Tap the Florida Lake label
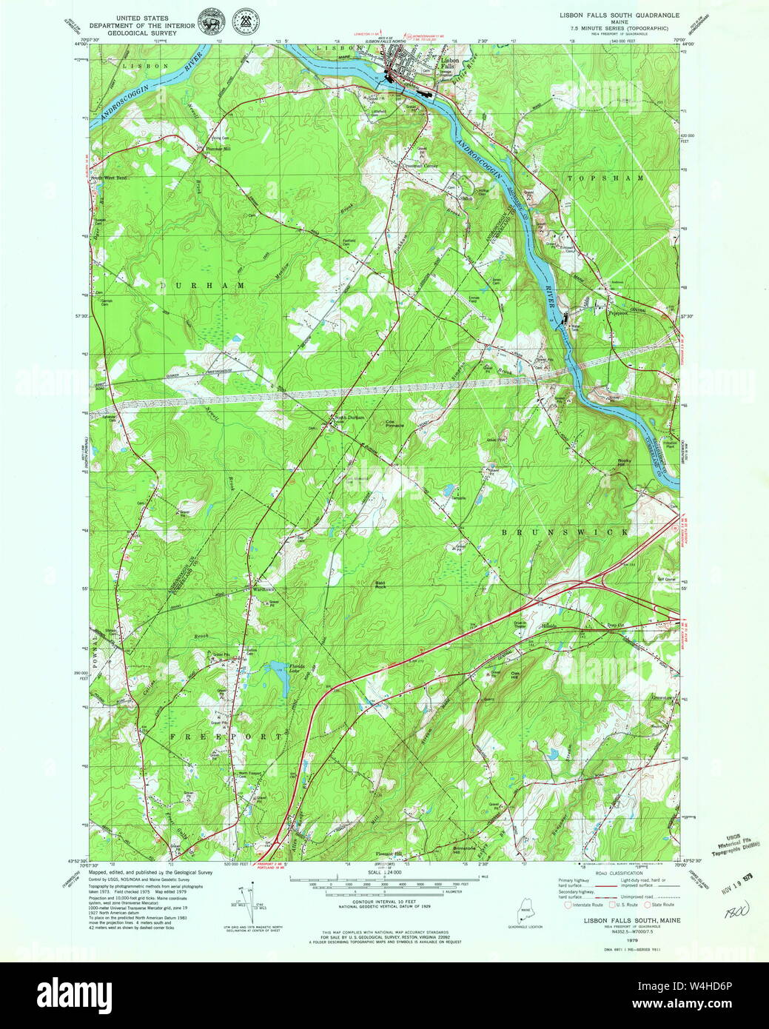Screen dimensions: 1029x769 [297, 668]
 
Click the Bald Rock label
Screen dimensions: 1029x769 [381, 585]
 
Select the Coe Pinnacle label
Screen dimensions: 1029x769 [394, 425]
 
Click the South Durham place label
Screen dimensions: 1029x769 [350, 418]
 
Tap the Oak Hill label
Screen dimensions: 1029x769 [517, 675]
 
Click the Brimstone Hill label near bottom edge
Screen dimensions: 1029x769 [464, 851]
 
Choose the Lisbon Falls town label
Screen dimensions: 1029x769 [449, 63]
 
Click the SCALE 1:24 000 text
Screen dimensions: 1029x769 [384, 873]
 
